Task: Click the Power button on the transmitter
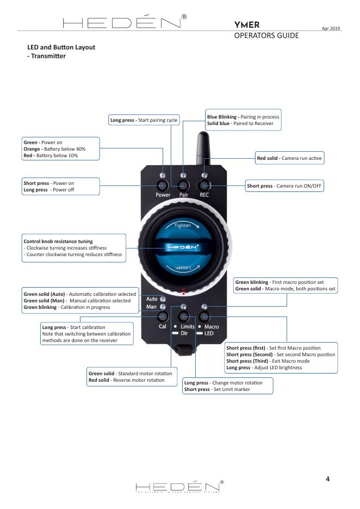(x=163, y=186)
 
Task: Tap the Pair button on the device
(x=183, y=186)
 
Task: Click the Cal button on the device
(x=162, y=317)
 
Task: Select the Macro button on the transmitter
(x=204, y=317)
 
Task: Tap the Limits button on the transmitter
(x=184, y=317)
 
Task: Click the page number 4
(x=327, y=479)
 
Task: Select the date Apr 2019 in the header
(x=331, y=28)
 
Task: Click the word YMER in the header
(x=246, y=24)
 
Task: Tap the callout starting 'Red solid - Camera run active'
(x=290, y=158)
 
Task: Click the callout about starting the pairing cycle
(x=144, y=120)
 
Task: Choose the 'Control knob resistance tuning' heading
(x=58, y=241)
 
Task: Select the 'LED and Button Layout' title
(x=61, y=47)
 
